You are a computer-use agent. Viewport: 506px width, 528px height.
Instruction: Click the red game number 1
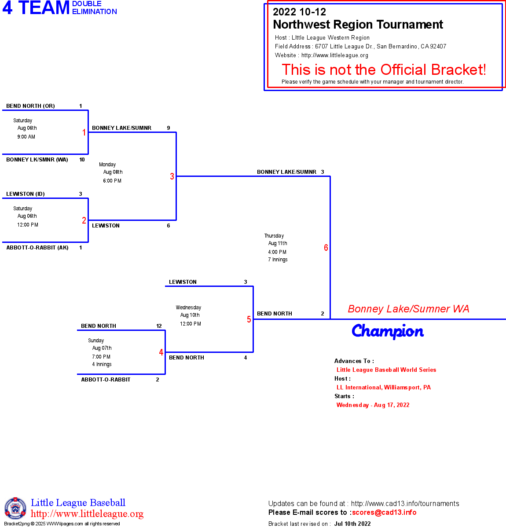84,132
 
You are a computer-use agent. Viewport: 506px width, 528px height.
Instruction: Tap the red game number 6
326,248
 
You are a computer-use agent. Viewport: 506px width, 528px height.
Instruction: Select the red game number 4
161,352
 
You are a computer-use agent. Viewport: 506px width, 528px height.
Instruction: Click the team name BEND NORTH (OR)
30,106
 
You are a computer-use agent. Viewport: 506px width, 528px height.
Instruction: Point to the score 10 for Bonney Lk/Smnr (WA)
82,160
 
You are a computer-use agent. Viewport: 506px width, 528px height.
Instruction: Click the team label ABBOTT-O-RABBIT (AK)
37,248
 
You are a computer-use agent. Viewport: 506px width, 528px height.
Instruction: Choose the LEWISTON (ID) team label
26,194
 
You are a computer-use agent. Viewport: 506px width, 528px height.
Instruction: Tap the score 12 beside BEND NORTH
159,326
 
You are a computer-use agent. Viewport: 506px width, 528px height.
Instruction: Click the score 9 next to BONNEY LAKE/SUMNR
169,128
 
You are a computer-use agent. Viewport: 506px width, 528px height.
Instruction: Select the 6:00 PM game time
112,181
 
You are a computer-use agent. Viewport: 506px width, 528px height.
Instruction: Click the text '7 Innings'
278,260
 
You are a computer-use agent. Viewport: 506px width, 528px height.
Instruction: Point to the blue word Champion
388,331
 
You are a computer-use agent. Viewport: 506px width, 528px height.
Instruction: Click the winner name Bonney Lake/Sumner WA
408,309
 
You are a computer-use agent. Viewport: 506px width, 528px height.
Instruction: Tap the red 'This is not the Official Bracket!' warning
384,70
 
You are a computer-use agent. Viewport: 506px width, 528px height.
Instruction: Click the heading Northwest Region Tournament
358,25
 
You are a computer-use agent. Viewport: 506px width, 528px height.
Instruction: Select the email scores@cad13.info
384,512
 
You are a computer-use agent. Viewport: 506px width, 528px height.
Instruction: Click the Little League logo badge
15,508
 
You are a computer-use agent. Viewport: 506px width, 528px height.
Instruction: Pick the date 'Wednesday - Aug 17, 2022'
373,405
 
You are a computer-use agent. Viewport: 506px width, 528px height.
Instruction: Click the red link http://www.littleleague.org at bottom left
87,514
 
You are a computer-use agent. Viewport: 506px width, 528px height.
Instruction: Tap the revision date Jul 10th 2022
352,524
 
